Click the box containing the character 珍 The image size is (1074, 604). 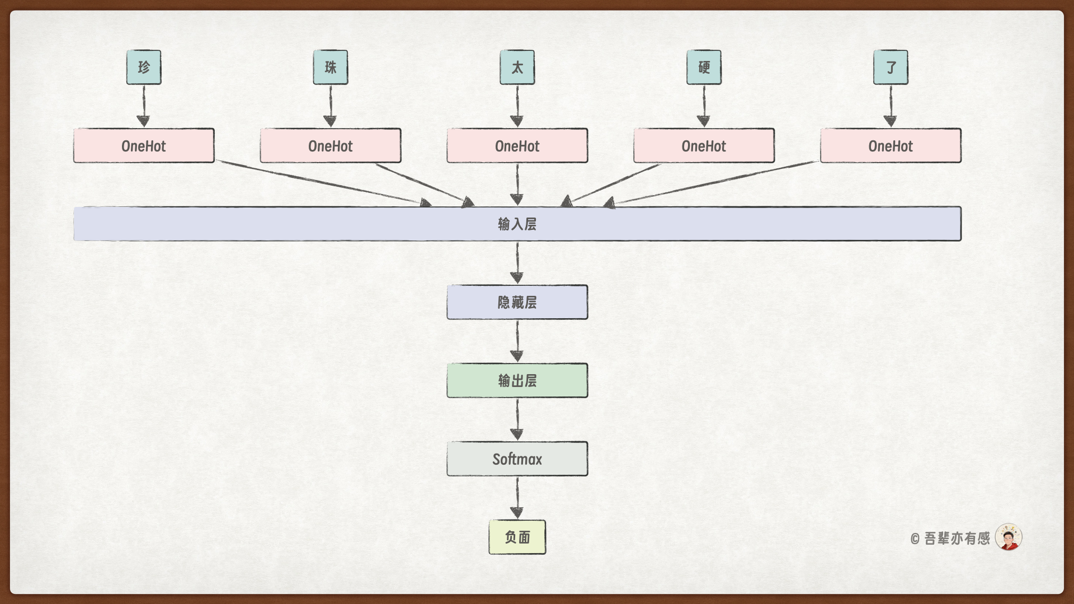click(144, 67)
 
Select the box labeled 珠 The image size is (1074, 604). click(331, 67)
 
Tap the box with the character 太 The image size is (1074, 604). click(517, 67)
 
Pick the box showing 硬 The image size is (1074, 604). click(704, 67)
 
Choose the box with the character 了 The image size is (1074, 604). click(891, 67)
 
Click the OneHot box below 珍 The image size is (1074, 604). click(144, 146)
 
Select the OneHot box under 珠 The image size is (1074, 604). click(331, 146)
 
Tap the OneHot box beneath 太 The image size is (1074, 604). click(517, 146)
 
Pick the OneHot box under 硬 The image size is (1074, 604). click(704, 146)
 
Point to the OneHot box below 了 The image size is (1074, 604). click(891, 146)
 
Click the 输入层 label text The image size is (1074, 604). click(517, 224)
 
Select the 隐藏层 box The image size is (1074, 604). click(517, 303)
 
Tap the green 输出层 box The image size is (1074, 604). click(517, 381)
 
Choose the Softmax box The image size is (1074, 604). click(517, 459)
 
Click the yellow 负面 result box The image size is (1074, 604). click(517, 537)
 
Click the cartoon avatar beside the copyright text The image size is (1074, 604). click(1009, 537)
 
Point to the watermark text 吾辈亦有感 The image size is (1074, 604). click(957, 539)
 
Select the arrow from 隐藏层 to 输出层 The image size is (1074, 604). click(517, 341)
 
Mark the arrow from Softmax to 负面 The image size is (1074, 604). click(517, 498)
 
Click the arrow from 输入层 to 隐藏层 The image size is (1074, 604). click(517, 263)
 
